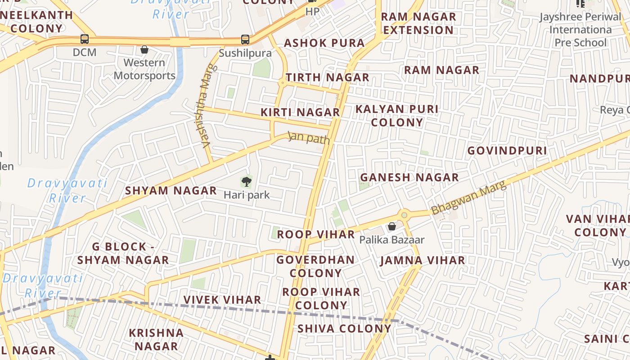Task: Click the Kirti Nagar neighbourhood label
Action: coord(300,112)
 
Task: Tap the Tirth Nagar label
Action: coord(327,77)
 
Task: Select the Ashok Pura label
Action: coord(324,43)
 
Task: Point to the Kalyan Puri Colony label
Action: coord(397,116)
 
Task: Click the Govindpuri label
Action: coord(507,150)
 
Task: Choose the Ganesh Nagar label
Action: coord(409,177)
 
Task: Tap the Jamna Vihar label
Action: coord(423,261)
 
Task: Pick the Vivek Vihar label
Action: coord(222,300)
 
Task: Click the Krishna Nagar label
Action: coord(156,339)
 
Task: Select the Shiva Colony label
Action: coord(344,328)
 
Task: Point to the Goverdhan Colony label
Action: coord(315,266)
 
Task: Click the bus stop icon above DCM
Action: coord(85,39)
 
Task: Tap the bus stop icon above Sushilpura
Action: coord(245,40)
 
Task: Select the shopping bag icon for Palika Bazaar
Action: coord(392,226)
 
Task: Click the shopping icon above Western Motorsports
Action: coord(144,49)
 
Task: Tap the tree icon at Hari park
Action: coord(246,182)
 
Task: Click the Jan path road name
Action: coord(309,138)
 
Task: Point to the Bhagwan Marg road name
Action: coord(468,198)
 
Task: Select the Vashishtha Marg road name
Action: coord(208,106)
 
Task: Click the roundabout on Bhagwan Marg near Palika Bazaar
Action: coord(404,215)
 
